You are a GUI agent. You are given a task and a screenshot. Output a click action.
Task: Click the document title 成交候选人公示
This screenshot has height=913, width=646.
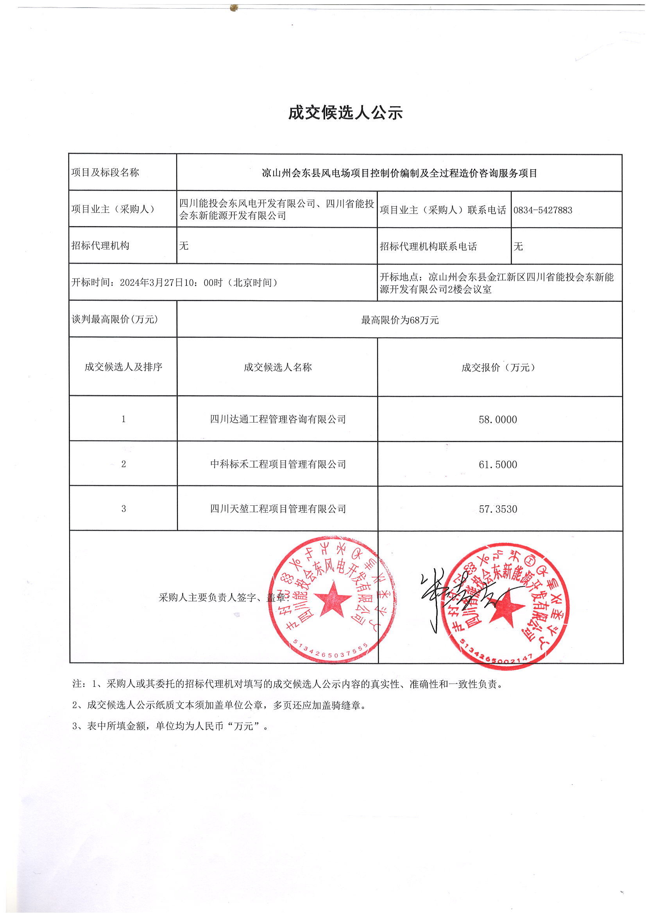click(x=345, y=113)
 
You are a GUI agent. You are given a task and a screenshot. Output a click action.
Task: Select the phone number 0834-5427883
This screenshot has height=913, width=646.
click(x=542, y=210)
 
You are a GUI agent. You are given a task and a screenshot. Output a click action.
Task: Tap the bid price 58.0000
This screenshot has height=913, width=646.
click(x=497, y=419)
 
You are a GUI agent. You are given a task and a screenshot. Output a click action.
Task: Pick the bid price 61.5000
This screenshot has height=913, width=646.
click(x=497, y=464)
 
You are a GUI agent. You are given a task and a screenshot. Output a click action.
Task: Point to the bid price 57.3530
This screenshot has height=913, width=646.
click(x=497, y=509)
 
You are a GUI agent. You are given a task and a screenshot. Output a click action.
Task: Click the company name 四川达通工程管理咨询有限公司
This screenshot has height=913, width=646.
click(x=278, y=419)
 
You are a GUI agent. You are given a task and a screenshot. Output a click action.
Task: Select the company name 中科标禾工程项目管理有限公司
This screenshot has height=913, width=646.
click(x=278, y=464)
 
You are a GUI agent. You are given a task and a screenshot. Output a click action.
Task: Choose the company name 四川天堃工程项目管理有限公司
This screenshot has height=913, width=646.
click(x=278, y=508)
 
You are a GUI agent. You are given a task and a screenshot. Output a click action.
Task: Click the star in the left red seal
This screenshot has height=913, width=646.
click(x=332, y=599)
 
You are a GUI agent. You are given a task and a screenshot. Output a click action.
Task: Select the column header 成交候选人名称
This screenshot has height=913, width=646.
click(x=278, y=367)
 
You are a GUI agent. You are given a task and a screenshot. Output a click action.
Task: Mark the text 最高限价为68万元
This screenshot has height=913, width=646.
click(x=400, y=320)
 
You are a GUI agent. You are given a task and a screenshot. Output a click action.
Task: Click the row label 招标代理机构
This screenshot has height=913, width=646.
click(x=100, y=246)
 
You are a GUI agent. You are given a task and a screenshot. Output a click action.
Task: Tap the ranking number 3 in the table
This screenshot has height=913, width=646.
click(x=123, y=508)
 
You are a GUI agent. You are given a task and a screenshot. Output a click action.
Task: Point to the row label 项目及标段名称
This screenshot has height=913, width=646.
click(x=105, y=173)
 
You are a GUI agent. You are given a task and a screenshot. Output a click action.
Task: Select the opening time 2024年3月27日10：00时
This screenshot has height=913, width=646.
click(x=171, y=283)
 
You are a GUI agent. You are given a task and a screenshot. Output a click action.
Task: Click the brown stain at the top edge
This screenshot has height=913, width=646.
click(x=234, y=7)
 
